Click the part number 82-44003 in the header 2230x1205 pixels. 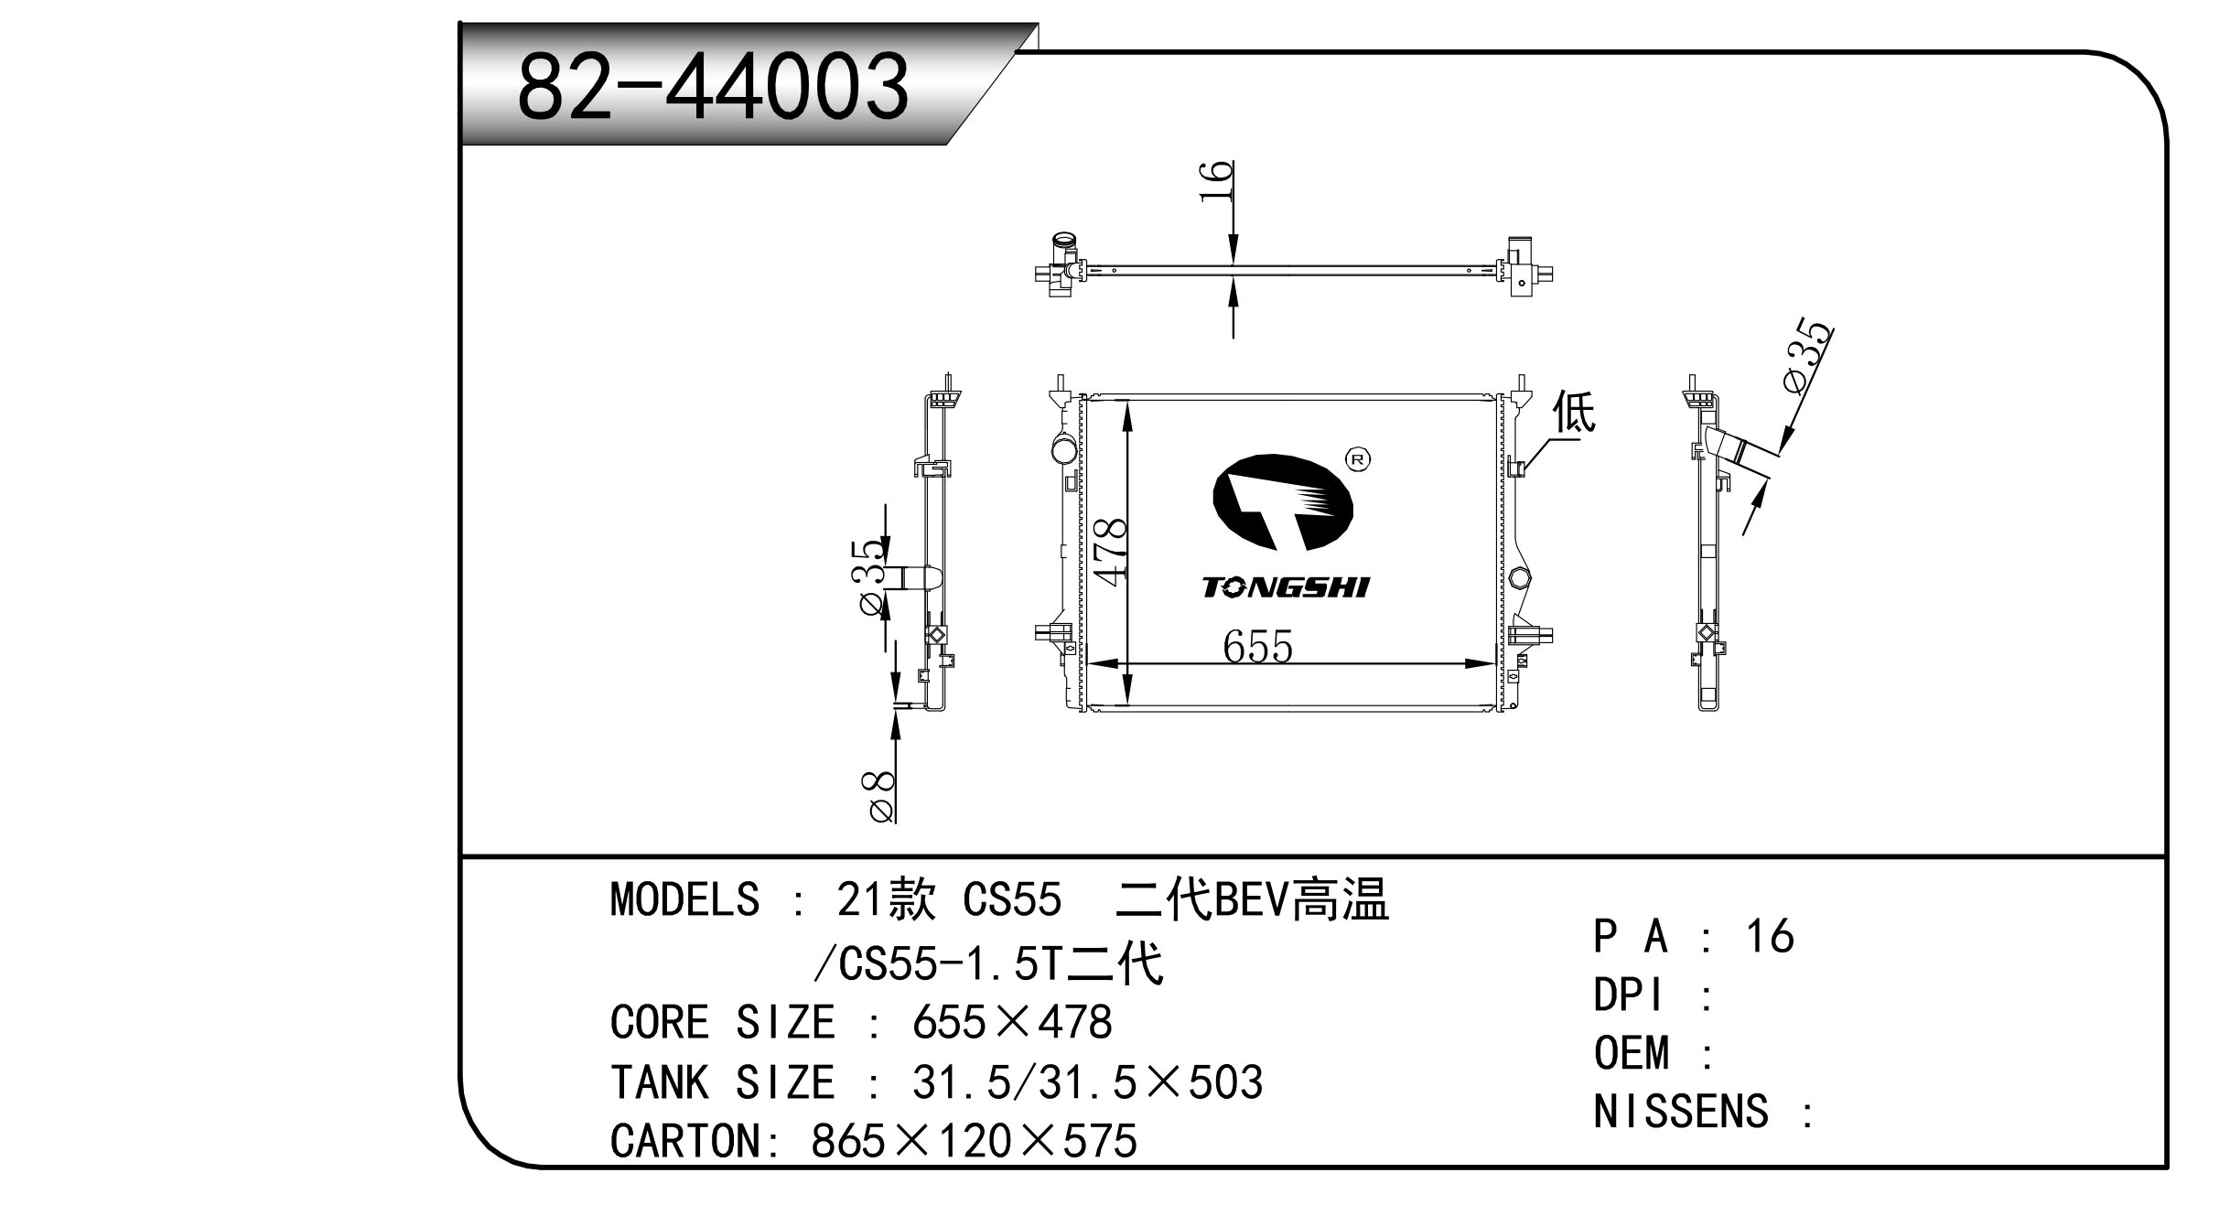713,87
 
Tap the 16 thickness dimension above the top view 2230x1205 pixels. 1216,183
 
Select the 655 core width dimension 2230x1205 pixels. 1257,648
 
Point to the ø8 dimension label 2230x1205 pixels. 879,796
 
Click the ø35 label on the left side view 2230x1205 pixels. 870,578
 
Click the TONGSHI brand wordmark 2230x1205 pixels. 1286,587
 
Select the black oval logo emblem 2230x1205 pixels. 1282,502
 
